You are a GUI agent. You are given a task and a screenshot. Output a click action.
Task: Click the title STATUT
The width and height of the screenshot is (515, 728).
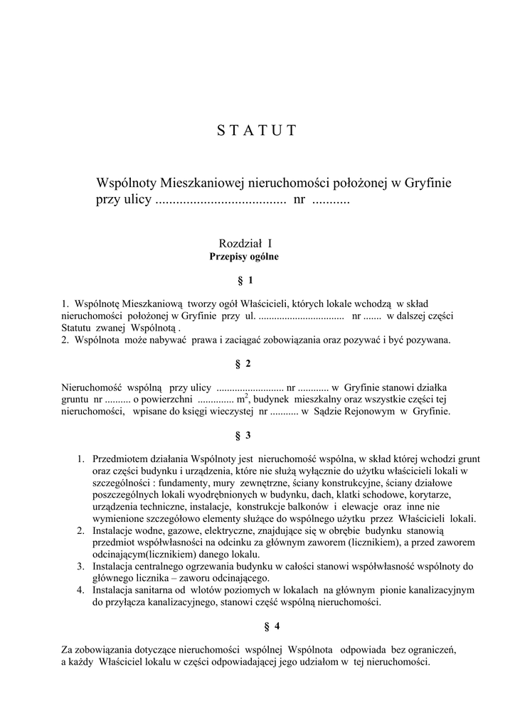click(256, 130)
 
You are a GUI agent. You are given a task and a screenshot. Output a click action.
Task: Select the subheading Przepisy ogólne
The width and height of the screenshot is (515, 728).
click(244, 257)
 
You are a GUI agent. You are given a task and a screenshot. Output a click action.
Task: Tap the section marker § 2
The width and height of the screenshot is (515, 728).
click(243, 364)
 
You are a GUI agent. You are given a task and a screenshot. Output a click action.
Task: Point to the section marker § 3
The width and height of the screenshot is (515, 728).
click(243, 434)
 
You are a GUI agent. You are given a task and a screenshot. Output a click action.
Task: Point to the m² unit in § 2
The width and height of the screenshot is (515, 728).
click(242, 399)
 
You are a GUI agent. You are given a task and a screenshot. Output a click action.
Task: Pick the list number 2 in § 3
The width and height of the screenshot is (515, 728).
click(80, 530)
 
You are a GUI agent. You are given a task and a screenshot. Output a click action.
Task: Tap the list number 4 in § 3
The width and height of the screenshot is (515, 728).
click(80, 590)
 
